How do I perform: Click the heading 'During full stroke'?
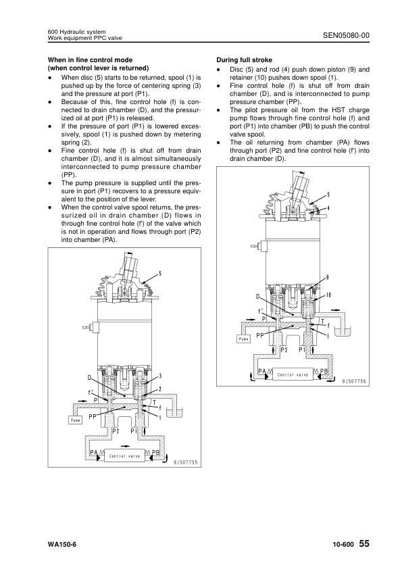[244, 60]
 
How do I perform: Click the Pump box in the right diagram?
[244, 339]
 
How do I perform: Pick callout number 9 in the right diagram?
[327, 278]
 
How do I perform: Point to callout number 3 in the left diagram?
[159, 375]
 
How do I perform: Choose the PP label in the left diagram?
[93, 417]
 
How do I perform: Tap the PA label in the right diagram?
[263, 371]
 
